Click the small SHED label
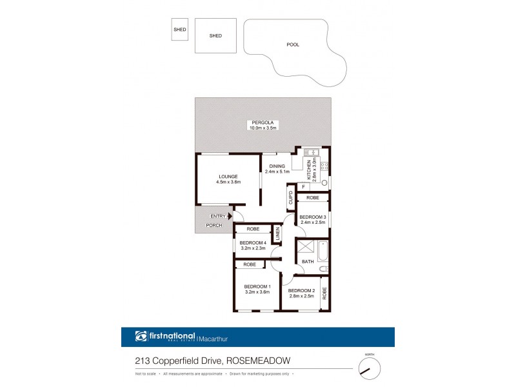tap(179, 29)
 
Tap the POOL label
tap(293, 45)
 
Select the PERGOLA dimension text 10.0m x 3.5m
tap(263, 128)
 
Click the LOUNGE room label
tap(228, 176)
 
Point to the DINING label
tap(277, 166)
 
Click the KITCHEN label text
tap(309, 168)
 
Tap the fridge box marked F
tap(303, 187)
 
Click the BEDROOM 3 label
tap(312, 217)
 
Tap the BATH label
tap(308, 261)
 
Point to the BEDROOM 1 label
tap(257, 286)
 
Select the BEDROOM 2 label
tap(301, 291)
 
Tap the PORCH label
tap(213, 225)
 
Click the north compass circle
tap(369, 368)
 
